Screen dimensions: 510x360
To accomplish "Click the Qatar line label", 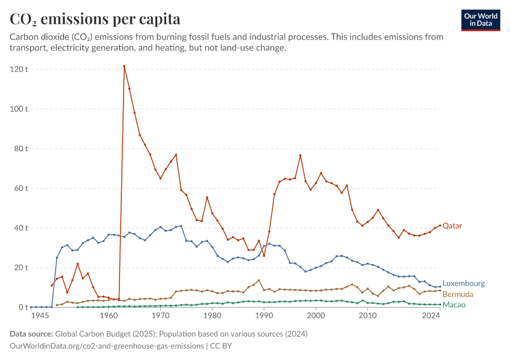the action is click(452, 226).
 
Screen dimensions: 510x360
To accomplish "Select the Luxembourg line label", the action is click(463, 283).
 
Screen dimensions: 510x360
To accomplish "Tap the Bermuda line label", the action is click(458, 295).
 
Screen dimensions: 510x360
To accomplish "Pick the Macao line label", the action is click(454, 305).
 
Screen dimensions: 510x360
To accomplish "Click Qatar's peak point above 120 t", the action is click(124, 66).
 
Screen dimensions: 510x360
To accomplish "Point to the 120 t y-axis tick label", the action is click(19, 69).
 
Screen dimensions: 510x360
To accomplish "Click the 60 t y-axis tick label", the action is click(21, 188).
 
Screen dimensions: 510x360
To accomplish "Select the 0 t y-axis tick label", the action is click(23, 307).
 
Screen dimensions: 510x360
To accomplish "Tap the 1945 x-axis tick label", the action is click(40, 316).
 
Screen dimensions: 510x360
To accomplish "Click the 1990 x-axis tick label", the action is click(264, 316).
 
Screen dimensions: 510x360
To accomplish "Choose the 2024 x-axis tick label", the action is click(431, 316).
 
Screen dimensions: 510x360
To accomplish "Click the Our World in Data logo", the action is click(481, 20).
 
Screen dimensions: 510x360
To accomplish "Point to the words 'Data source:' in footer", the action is click(31, 334).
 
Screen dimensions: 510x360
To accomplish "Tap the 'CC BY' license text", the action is click(221, 346).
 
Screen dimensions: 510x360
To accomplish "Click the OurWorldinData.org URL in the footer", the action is click(107, 346).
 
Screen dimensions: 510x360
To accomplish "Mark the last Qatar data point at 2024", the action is click(440, 226).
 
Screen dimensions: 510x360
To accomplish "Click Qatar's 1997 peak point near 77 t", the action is click(300, 155).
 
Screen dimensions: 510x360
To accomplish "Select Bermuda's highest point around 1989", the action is click(259, 280).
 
